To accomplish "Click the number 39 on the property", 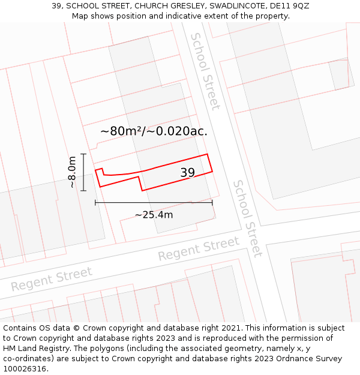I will [x=188, y=173].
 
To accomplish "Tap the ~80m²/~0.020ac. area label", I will [x=154, y=131].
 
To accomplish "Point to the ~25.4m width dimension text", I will [x=154, y=215].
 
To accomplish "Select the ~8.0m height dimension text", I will [x=72, y=172].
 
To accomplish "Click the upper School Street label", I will [x=205, y=71].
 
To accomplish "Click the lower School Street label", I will [x=248, y=218].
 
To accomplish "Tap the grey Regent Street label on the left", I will [x=52, y=278].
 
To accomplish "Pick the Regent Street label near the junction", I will [x=199, y=248].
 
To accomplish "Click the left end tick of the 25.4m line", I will [x=95, y=203].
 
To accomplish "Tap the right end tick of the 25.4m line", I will [x=212, y=203].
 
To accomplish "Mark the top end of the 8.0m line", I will [x=83, y=154].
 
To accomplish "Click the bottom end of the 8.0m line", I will [x=83, y=191].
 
